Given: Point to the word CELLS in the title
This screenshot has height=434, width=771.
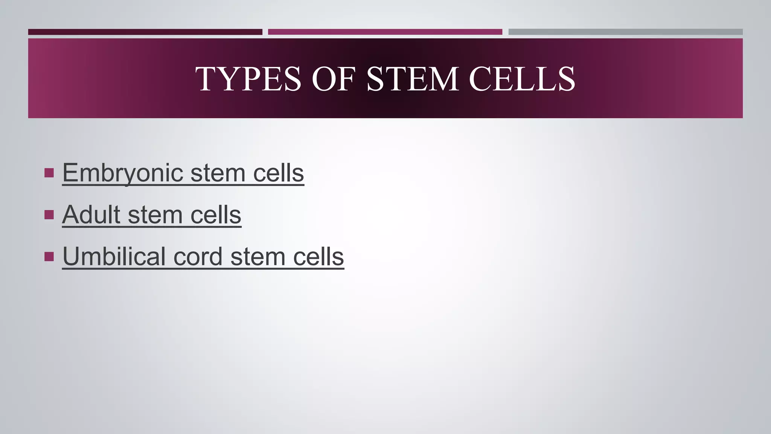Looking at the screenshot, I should pyautogui.click(x=522, y=79).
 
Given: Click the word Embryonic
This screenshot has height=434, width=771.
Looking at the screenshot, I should pyautogui.click(x=123, y=173).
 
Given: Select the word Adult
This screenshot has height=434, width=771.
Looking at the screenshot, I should pyautogui.click(x=91, y=215).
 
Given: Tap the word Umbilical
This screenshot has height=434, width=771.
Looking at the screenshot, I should pyautogui.click(x=114, y=257).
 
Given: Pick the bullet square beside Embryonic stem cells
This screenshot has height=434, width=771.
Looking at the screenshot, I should pyautogui.click(x=49, y=173).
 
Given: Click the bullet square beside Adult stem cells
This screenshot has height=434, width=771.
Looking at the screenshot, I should pyautogui.click(x=49, y=215).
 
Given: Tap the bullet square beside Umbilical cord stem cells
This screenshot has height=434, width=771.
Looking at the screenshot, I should pyautogui.click(x=49, y=257).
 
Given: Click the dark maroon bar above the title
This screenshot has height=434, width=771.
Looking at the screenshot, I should pyautogui.click(x=145, y=32).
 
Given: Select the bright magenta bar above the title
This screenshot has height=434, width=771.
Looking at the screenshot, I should pyautogui.click(x=385, y=32).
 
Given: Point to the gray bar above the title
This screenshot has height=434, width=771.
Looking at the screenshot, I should pyautogui.click(x=625, y=32).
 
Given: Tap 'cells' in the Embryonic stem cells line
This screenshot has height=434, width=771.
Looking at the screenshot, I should pyautogui.click(x=278, y=173).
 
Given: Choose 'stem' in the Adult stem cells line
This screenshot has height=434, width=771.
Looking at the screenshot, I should pyautogui.click(x=155, y=215).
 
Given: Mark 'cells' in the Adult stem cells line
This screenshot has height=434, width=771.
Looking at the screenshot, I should pyautogui.click(x=216, y=215).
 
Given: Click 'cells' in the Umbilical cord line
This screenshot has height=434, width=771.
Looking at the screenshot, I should pyautogui.click(x=318, y=257).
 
